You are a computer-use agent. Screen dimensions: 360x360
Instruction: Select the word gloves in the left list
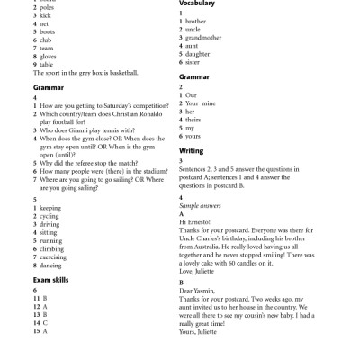coord(47,56)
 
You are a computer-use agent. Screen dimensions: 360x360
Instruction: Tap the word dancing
coord(50,265)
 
